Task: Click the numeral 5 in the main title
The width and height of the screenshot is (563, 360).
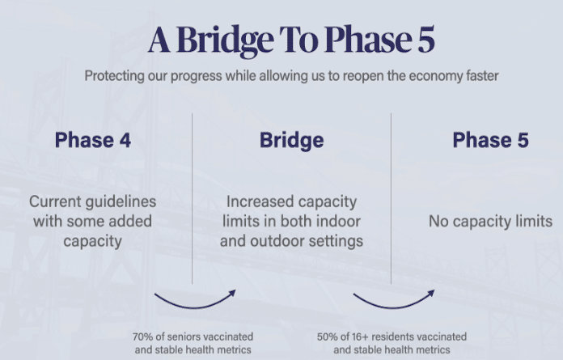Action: [426, 40]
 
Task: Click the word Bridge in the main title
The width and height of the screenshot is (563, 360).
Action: [226, 41]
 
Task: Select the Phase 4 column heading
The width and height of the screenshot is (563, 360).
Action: [93, 140]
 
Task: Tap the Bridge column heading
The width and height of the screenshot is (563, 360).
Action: [291, 141]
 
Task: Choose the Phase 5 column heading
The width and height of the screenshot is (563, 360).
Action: [490, 140]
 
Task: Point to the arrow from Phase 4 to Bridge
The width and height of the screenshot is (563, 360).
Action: [195, 307]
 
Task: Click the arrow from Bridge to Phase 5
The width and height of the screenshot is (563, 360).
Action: [394, 307]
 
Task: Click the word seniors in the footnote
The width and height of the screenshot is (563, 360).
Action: [183, 337]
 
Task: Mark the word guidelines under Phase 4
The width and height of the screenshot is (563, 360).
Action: [125, 202]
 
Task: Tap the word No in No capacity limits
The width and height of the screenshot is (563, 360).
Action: [438, 222]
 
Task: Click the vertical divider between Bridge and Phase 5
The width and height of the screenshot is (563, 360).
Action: [391, 198]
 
